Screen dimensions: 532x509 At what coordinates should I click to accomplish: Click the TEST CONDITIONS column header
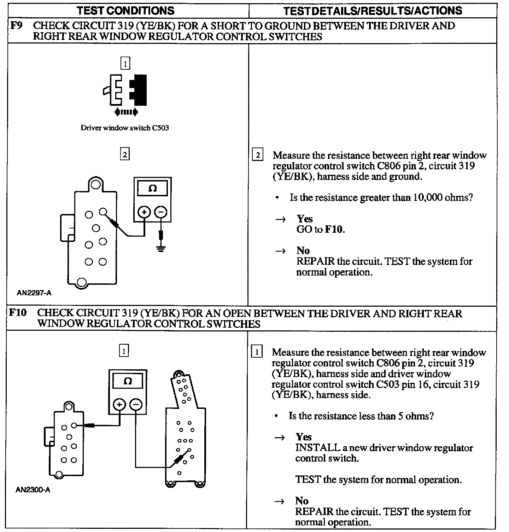coord(125,10)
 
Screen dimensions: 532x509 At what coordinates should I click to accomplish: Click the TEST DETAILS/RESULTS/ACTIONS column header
coord(373,10)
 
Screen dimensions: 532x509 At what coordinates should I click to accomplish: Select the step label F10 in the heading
coord(18,313)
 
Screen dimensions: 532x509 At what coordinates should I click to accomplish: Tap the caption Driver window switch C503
coord(125,128)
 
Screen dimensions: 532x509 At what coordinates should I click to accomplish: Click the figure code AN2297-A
coord(34,293)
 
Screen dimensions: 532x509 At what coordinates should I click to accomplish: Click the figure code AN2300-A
coord(33,490)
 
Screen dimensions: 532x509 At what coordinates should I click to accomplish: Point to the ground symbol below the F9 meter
coord(161,249)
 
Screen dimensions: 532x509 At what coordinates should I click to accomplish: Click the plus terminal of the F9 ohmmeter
coord(144,212)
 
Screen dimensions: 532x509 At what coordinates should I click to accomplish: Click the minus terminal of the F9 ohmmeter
coord(161,212)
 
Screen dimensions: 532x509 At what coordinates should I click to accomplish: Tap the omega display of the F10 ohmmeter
coord(128,381)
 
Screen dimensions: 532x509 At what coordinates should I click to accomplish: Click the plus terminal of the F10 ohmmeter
coord(119,405)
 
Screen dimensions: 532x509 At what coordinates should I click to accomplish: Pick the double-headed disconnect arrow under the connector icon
coord(126,112)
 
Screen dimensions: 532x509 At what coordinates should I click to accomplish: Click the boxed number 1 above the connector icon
coord(125,64)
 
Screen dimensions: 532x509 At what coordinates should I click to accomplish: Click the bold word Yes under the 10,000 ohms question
coord(305,219)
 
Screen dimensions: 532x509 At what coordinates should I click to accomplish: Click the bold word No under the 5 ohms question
coord(302,501)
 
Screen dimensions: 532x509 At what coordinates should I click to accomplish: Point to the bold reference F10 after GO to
coord(334,229)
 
